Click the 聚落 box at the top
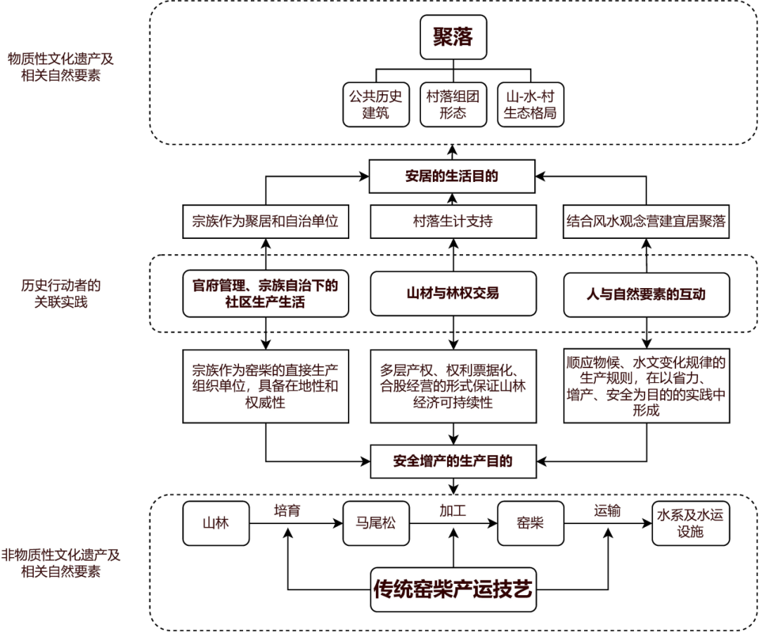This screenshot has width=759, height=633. tap(453, 37)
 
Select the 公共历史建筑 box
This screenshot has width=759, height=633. tap(375, 105)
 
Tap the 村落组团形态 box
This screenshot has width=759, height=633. tap(453, 105)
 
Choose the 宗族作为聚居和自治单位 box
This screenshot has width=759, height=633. tap(266, 221)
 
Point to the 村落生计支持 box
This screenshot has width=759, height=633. tap(452, 221)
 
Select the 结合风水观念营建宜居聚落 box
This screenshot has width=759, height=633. tap(646, 221)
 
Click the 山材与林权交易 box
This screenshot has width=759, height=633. tap(452, 294)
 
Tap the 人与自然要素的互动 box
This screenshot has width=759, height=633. tap(646, 294)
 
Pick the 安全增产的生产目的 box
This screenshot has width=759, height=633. tap(452, 462)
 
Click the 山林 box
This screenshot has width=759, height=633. tap(216, 523)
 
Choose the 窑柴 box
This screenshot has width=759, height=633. tap(531, 523)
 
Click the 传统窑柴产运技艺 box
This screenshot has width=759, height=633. tap(453, 589)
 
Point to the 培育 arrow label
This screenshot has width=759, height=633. tap(287, 511)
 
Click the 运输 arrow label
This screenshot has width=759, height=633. tap(607, 511)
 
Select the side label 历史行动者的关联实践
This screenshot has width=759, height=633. tap(60, 294)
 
